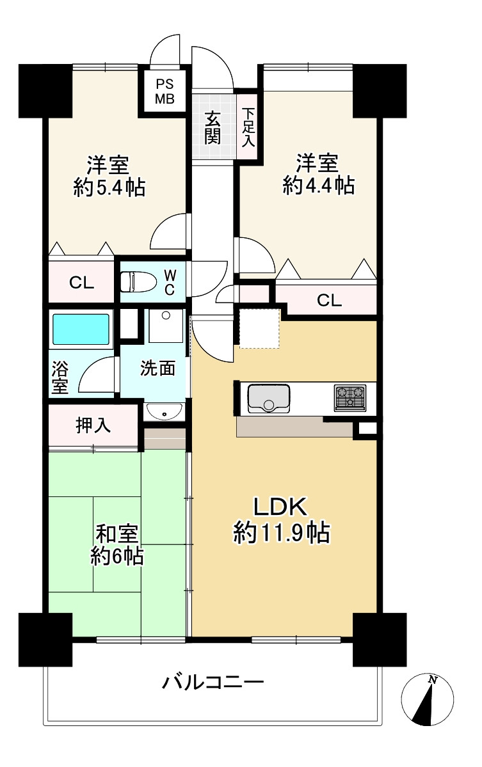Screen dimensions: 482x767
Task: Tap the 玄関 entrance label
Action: tap(212, 128)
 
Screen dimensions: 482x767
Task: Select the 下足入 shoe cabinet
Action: tap(248, 127)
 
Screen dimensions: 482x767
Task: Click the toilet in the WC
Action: tap(138, 281)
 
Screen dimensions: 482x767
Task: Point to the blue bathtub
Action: tap(81, 329)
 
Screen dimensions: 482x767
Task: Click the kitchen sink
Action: tap(268, 398)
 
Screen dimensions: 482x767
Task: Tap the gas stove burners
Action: tap(350, 397)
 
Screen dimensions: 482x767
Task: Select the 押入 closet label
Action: tap(93, 425)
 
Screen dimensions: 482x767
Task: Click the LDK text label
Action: tap(280, 506)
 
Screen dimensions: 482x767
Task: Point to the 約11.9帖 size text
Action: tap(282, 532)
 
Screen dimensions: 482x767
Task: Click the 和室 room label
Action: tap(116, 534)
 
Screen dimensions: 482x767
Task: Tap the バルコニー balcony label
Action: tap(213, 681)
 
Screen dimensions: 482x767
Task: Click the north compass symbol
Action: tap(427, 699)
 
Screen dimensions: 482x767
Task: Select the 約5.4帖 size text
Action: tap(109, 187)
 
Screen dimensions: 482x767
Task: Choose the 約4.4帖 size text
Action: tap(319, 186)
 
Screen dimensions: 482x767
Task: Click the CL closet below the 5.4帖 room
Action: tap(81, 283)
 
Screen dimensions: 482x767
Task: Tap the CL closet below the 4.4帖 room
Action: tap(329, 300)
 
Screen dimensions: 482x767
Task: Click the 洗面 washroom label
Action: tap(157, 368)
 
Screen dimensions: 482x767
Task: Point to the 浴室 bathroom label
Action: tap(60, 377)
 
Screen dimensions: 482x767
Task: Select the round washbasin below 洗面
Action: tap(164, 411)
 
